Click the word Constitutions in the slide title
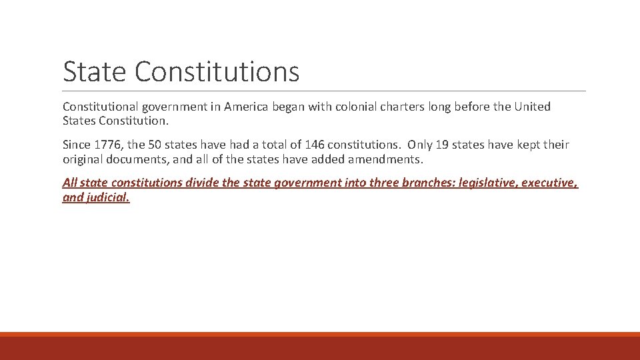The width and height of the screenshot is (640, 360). (217, 72)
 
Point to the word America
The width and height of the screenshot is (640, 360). (247, 107)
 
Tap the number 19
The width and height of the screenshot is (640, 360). (441, 145)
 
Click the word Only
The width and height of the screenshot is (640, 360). (420, 145)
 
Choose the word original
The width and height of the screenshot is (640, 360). (83, 159)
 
